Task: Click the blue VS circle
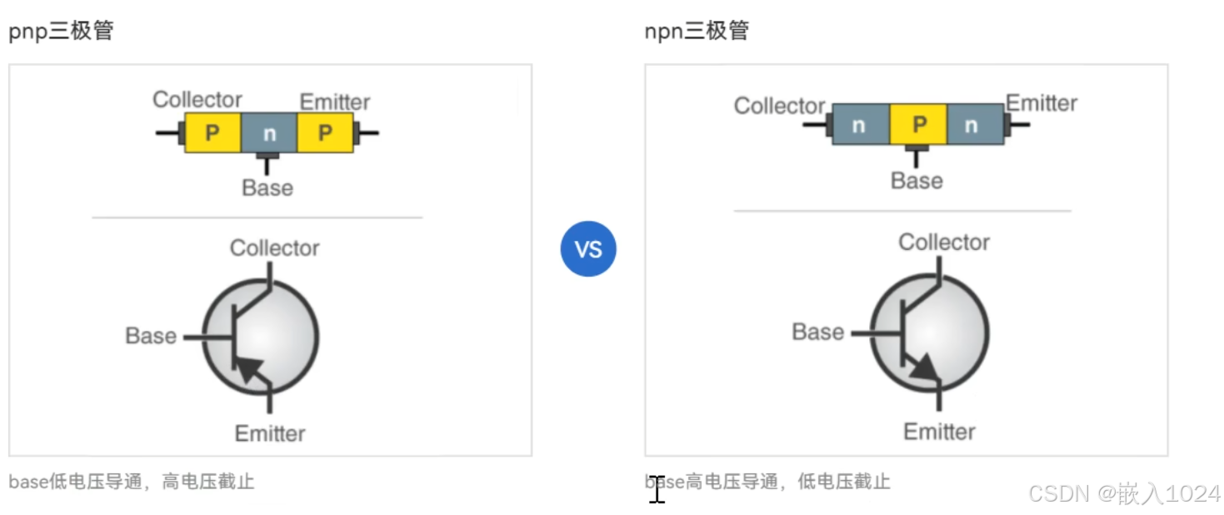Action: [587, 248]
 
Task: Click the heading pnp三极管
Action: [61, 32]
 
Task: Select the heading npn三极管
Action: [697, 32]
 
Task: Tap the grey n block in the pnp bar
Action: [268, 133]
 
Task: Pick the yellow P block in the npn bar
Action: [918, 125]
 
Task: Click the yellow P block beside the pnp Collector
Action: [212, 133]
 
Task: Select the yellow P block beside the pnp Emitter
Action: [324, 133]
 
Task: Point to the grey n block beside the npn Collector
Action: [860, 125]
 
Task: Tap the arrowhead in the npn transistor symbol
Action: [922, 367]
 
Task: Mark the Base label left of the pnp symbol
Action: [151, 336]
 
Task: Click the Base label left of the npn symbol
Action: [817, 332]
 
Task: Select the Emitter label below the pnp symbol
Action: [270, 433]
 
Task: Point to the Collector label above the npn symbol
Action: [944, 242]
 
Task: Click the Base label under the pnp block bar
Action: [267, 188]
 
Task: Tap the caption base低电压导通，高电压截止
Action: [132, 482]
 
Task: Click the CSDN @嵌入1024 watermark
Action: [1124, 493]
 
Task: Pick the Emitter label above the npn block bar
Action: [1042, 103]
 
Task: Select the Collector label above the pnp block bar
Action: [197, 100]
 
